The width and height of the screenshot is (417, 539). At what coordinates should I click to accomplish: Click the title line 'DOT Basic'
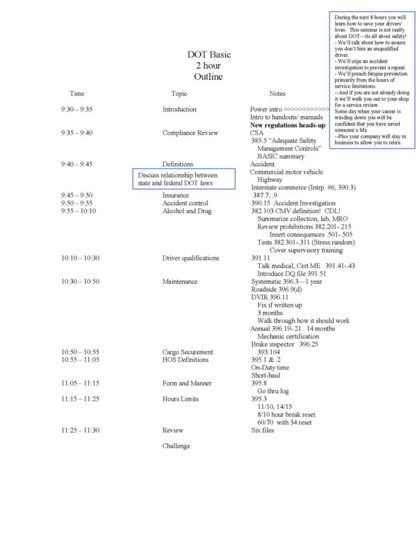(208, 54)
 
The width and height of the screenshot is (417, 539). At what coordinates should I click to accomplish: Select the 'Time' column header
(77, 93)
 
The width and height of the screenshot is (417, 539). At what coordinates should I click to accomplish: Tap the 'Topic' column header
(179, 93)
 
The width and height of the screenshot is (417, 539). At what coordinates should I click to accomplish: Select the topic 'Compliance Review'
(190, 133)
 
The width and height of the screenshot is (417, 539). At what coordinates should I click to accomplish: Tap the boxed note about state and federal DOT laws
(183, 179)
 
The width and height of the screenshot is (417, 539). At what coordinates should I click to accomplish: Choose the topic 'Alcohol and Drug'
(188, 210)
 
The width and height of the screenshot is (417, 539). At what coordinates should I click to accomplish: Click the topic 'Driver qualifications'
(190, 258)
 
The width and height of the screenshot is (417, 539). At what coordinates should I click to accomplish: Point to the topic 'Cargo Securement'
(188, 351)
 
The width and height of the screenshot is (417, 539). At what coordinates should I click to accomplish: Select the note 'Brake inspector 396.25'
(284, 344)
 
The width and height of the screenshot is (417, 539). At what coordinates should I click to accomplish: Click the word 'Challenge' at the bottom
(176, 446)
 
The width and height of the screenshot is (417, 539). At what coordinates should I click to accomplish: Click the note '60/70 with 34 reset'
(284, 422)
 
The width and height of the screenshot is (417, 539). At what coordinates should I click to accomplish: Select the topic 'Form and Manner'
(186, 383)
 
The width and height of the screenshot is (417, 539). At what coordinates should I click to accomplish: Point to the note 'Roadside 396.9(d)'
(277, 289)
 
